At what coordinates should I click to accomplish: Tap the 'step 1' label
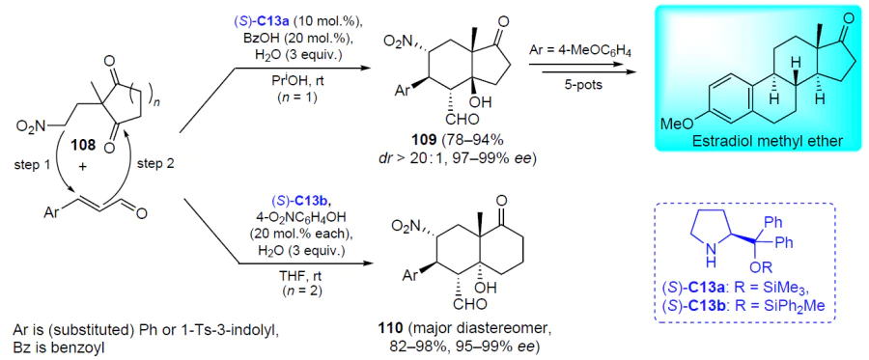point(34,165)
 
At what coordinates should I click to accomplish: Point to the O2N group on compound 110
point(406,226)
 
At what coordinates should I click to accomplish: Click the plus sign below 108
point(84,166)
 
